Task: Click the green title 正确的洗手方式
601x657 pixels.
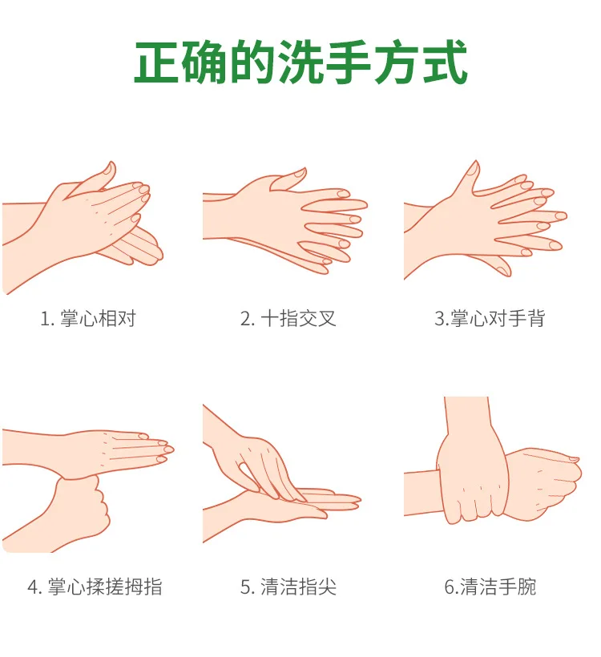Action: pos(300,62)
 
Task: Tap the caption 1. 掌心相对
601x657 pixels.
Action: pos(88,318)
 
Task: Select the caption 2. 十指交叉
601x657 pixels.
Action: pos(288,318)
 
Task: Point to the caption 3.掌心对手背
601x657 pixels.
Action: pos(490,318)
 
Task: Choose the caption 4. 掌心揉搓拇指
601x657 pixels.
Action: pos(95,586)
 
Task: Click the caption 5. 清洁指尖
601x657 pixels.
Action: pos(288,586)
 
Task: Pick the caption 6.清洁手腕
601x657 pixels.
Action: pos(490,586)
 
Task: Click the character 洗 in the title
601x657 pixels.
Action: pos(300,62)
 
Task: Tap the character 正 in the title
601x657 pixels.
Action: pos(157,62)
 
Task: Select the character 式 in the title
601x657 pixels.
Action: pos(444,62)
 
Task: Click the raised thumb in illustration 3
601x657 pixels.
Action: pos(469,178)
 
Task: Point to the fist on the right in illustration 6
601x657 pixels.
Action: pos(545,482)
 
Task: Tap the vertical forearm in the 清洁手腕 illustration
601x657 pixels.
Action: pos(467,419)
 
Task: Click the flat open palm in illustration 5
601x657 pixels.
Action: pos(280,509)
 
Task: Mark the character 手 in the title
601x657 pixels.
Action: pos(349,62)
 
